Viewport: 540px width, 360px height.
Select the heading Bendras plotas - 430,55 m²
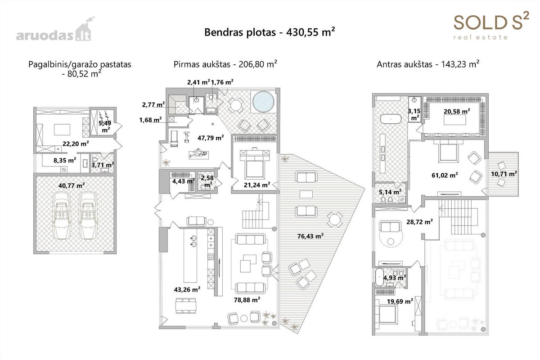pos(270,32)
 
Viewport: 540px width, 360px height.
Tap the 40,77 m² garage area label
pos(72,185)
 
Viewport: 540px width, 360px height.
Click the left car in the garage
pos(62,216)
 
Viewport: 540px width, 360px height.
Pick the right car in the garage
pos(88,216)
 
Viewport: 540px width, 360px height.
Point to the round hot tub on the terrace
pos(263,102)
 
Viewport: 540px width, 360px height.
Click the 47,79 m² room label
pos(211,138)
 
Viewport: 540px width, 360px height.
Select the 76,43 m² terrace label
pos(310,236)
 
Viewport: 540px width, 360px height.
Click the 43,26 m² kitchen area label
pos(187,289)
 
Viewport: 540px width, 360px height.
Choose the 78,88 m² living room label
pos(247,300)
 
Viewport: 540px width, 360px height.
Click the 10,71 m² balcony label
pos(504,174)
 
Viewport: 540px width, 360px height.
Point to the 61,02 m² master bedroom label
pos(445,175)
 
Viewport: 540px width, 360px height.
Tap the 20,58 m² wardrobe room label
pos(457,111)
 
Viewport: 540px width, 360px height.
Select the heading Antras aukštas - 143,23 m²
pos(428,64)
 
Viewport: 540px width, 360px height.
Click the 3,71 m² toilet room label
pos(103,165)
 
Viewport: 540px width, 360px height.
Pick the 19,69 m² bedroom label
pos(400,301)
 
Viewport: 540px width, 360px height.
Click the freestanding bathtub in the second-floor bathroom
pos(391,119)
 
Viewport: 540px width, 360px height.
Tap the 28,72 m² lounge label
pos(419,221)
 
